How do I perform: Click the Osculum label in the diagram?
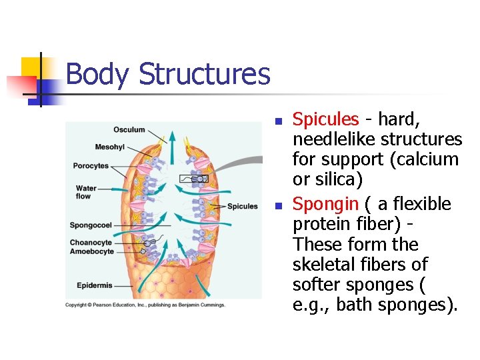click(x=129, y=129)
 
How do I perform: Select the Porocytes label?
click(x=91, y=165)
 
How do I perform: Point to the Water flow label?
click(x=85, y=193)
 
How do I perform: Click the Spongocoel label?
click(x=91, y=225)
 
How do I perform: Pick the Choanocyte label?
click(x=91, y=243)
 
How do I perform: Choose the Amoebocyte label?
click(x=91, y=252)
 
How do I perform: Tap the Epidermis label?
click(x=94, y=285)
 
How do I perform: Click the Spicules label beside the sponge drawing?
click(x=242, y=207)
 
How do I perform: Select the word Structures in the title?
click(x=204, y=74)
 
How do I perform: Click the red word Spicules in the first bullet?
click(x=326, y=119)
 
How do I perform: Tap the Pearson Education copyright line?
click(x=145, y=305)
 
